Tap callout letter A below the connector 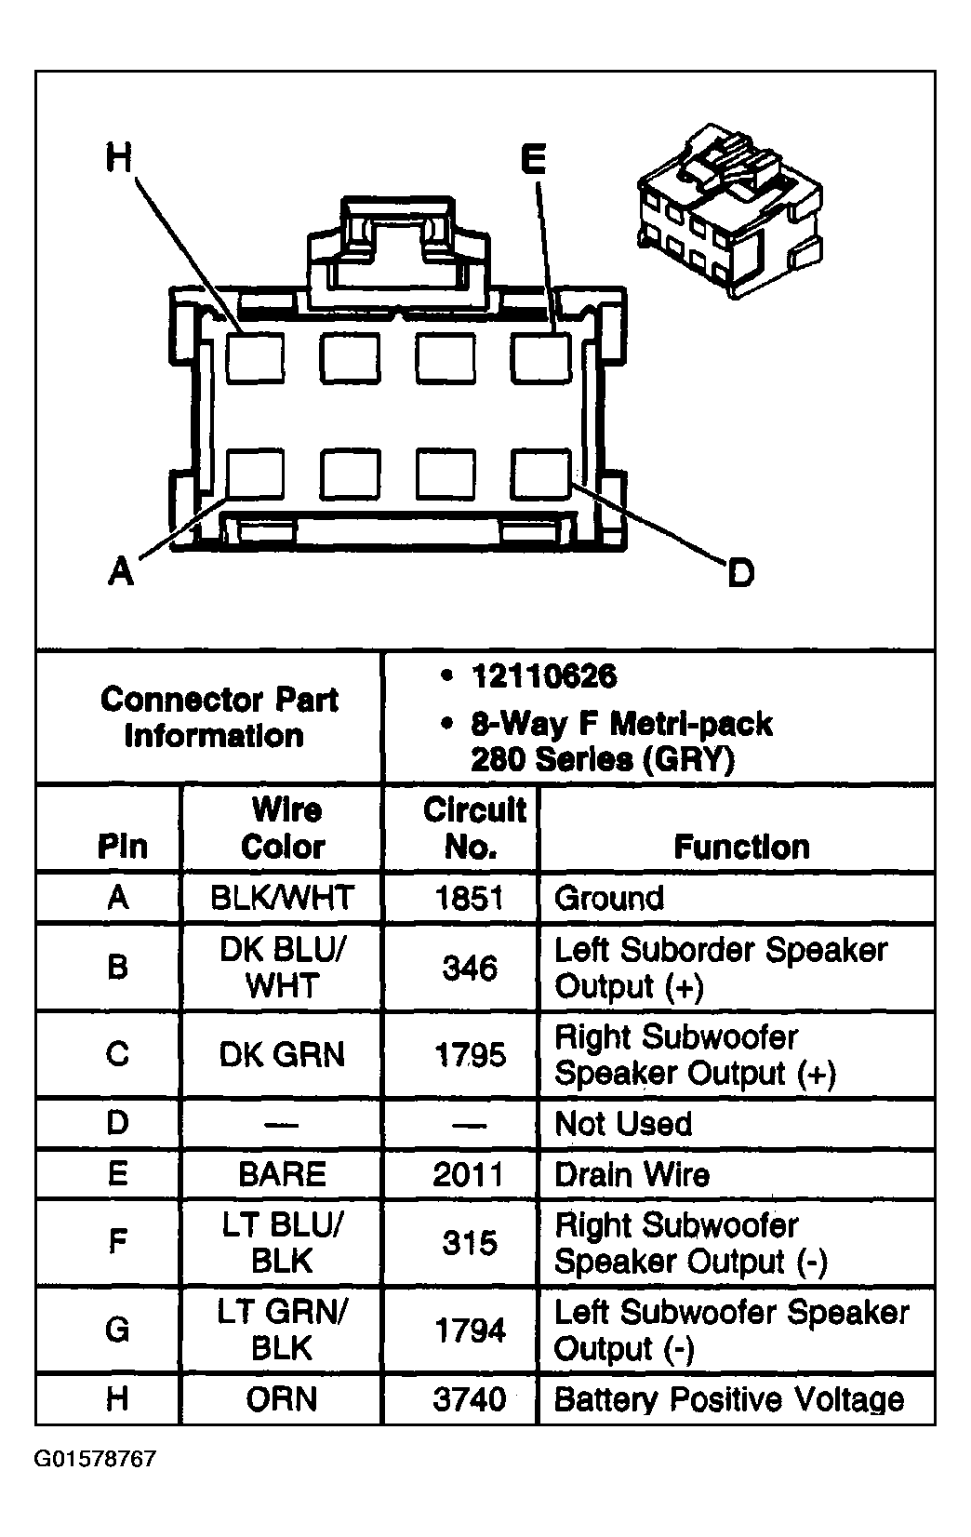[121, 569]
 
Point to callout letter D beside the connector [740, 572]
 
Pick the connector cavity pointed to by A [256, 474]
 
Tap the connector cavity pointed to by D [540, 474]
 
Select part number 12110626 [543, 676]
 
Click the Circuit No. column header [473, 828]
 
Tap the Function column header [741, 847]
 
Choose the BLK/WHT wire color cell [282, 898]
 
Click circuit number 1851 [470, 898]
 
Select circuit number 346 [470, 969]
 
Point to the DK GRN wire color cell [282, 1055]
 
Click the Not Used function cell [623, 1124]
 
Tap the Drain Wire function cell [632, 1174]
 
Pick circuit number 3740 [470, 1399]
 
